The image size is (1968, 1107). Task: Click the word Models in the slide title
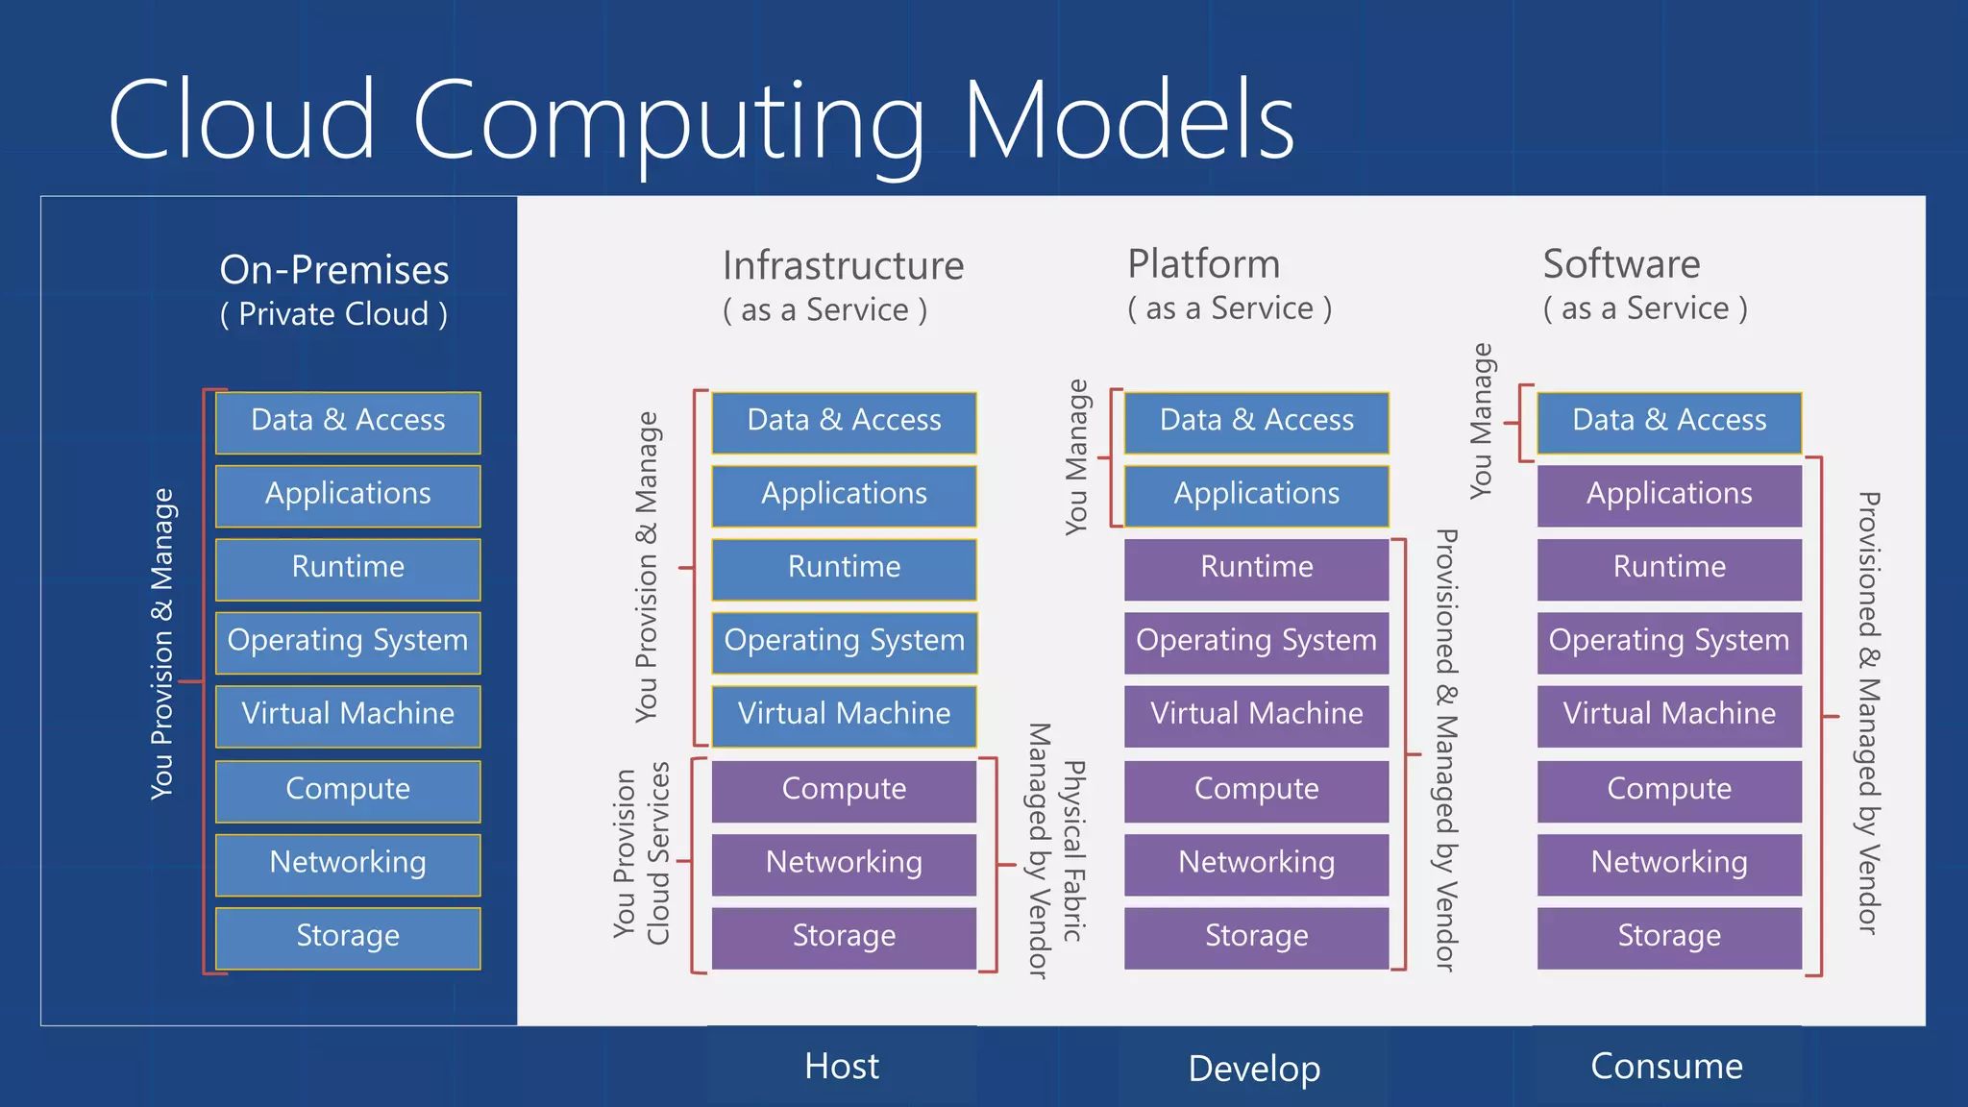(1128, 120)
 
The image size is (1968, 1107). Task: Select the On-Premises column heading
(333, 270)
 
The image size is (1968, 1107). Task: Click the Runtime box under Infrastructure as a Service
(844, 568)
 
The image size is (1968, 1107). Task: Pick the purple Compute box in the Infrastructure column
(844, 790)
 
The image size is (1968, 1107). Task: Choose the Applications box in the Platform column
(1256, 495)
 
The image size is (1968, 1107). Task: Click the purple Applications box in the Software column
(1669, 495)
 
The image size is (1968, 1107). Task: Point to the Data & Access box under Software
(1669, 421)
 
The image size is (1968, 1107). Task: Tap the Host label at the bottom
(842, 1067)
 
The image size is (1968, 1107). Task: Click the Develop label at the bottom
(1254, 1069)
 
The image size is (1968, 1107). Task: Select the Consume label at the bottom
(1666, 1067)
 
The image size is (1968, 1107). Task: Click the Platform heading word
(1203, 264)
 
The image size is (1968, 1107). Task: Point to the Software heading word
(1621, 264)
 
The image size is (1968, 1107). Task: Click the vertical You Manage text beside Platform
(1076, 457)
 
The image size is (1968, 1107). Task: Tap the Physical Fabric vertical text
(1073, 851)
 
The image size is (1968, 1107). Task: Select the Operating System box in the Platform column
(1256, 641)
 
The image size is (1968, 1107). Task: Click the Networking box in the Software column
(1669, 863)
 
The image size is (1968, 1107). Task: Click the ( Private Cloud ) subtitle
(333, 314)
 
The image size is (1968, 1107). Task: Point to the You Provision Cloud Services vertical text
(641, 853)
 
